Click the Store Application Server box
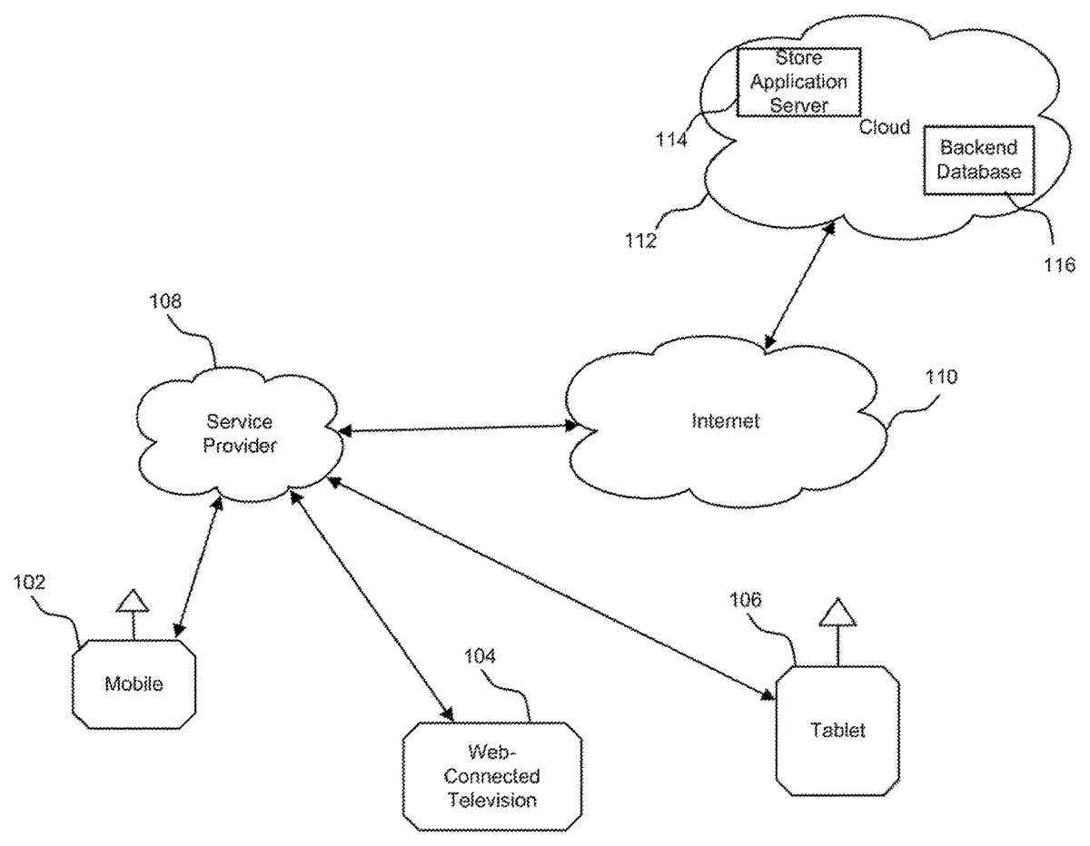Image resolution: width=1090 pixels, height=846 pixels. pos(798,83)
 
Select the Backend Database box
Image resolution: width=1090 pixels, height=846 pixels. pos(979,160)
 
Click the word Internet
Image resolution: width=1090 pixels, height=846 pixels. pos(725,421)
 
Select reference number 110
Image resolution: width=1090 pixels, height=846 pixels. pos(939,377)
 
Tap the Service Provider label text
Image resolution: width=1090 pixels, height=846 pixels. pos(240,434)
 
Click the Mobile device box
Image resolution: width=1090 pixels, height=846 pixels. pos(134,684)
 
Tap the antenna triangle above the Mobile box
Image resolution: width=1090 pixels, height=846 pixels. pos(133,600)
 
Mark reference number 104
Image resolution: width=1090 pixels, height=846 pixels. pos(481,656)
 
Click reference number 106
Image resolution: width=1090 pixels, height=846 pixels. pos(747,600)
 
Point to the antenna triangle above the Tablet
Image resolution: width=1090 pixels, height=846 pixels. pos(837,615)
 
